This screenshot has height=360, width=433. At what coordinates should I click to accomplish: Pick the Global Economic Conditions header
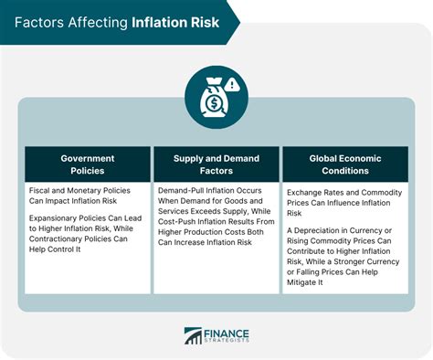click(344, 164)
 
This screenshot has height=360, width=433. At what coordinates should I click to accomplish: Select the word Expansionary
click(58, 217)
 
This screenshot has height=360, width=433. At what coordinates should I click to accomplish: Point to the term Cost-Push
click(179, 220)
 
